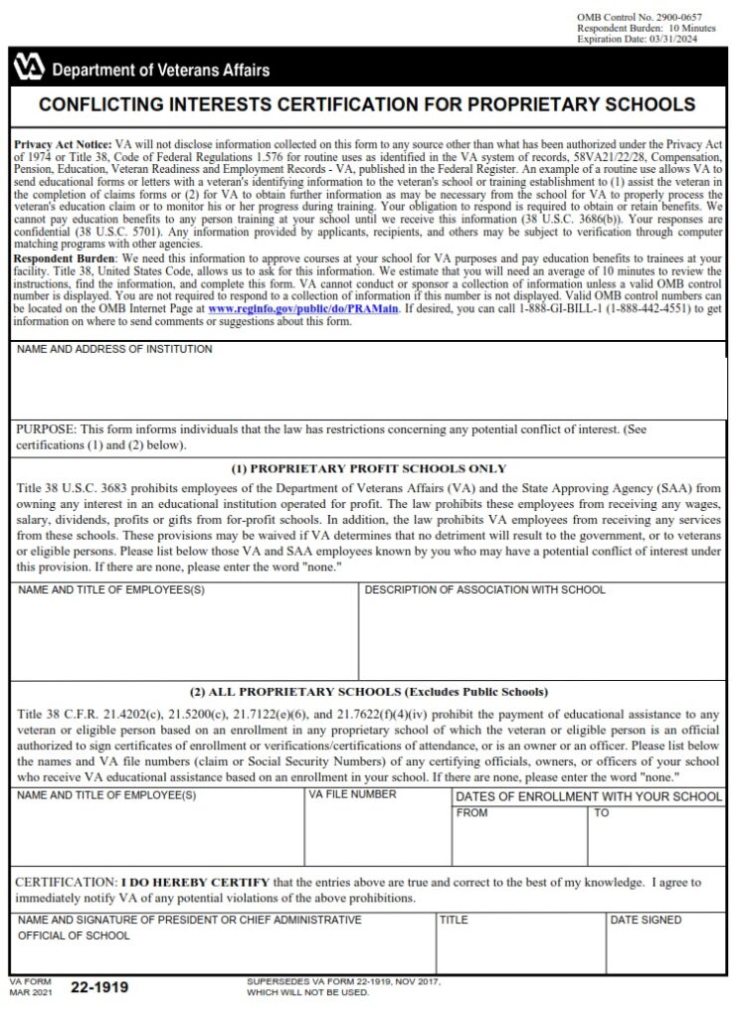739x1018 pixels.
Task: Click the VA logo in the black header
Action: pyautogui.click(x=29, y=68)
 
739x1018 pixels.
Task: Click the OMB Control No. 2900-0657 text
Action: pyautogui.click(x=638, y=18)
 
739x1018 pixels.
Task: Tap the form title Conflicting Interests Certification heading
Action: pyautogui.click(x=367, y=104)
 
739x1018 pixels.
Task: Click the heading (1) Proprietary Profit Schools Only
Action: pyautogui.click(x=368, y=468)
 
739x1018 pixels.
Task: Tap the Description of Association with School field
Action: pyautogui.click(x=542, y=636)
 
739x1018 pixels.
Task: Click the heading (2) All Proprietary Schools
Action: pyautogui.click(x=368, y=692)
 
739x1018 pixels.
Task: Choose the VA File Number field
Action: pyautogui.click(x=378, y=830)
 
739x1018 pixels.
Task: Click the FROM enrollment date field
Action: pyautogui.click(x=519, y=839)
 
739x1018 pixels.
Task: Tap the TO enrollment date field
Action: pyautogui.click(x=656, y=839)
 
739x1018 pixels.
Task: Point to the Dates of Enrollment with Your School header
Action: pyautogui.click(x=589, y=796)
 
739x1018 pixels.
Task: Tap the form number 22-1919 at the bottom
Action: pyautogui.click(x=99, y=987)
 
